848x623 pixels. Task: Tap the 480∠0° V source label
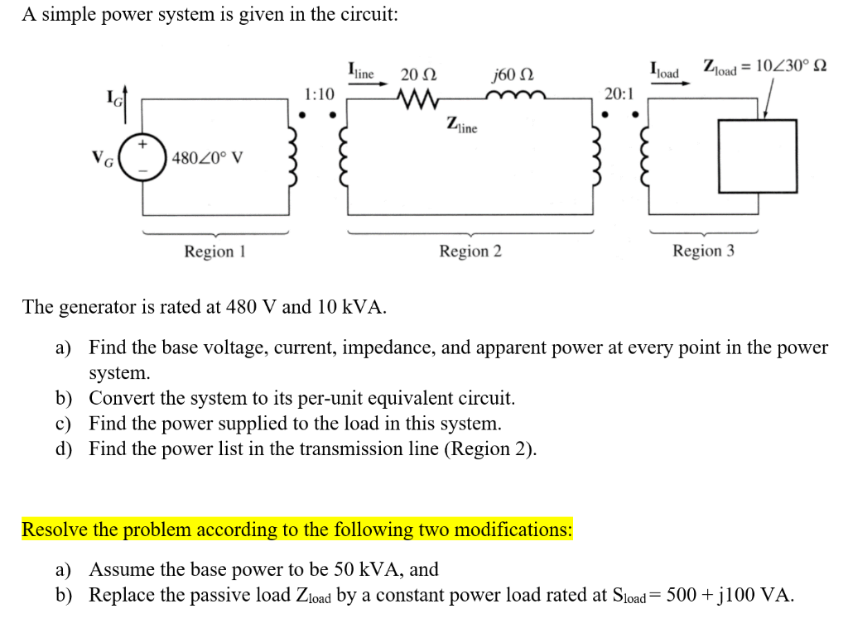tap(208, 157)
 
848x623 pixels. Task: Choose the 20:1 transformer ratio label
tap(619, 93)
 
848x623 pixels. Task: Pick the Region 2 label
tap(470, 251)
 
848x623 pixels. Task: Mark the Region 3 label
tap(703, 251)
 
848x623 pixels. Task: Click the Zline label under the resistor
tap(461, 126)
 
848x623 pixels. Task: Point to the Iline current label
tap(361, 71)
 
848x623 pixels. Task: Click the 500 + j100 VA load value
tap(725, 595)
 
